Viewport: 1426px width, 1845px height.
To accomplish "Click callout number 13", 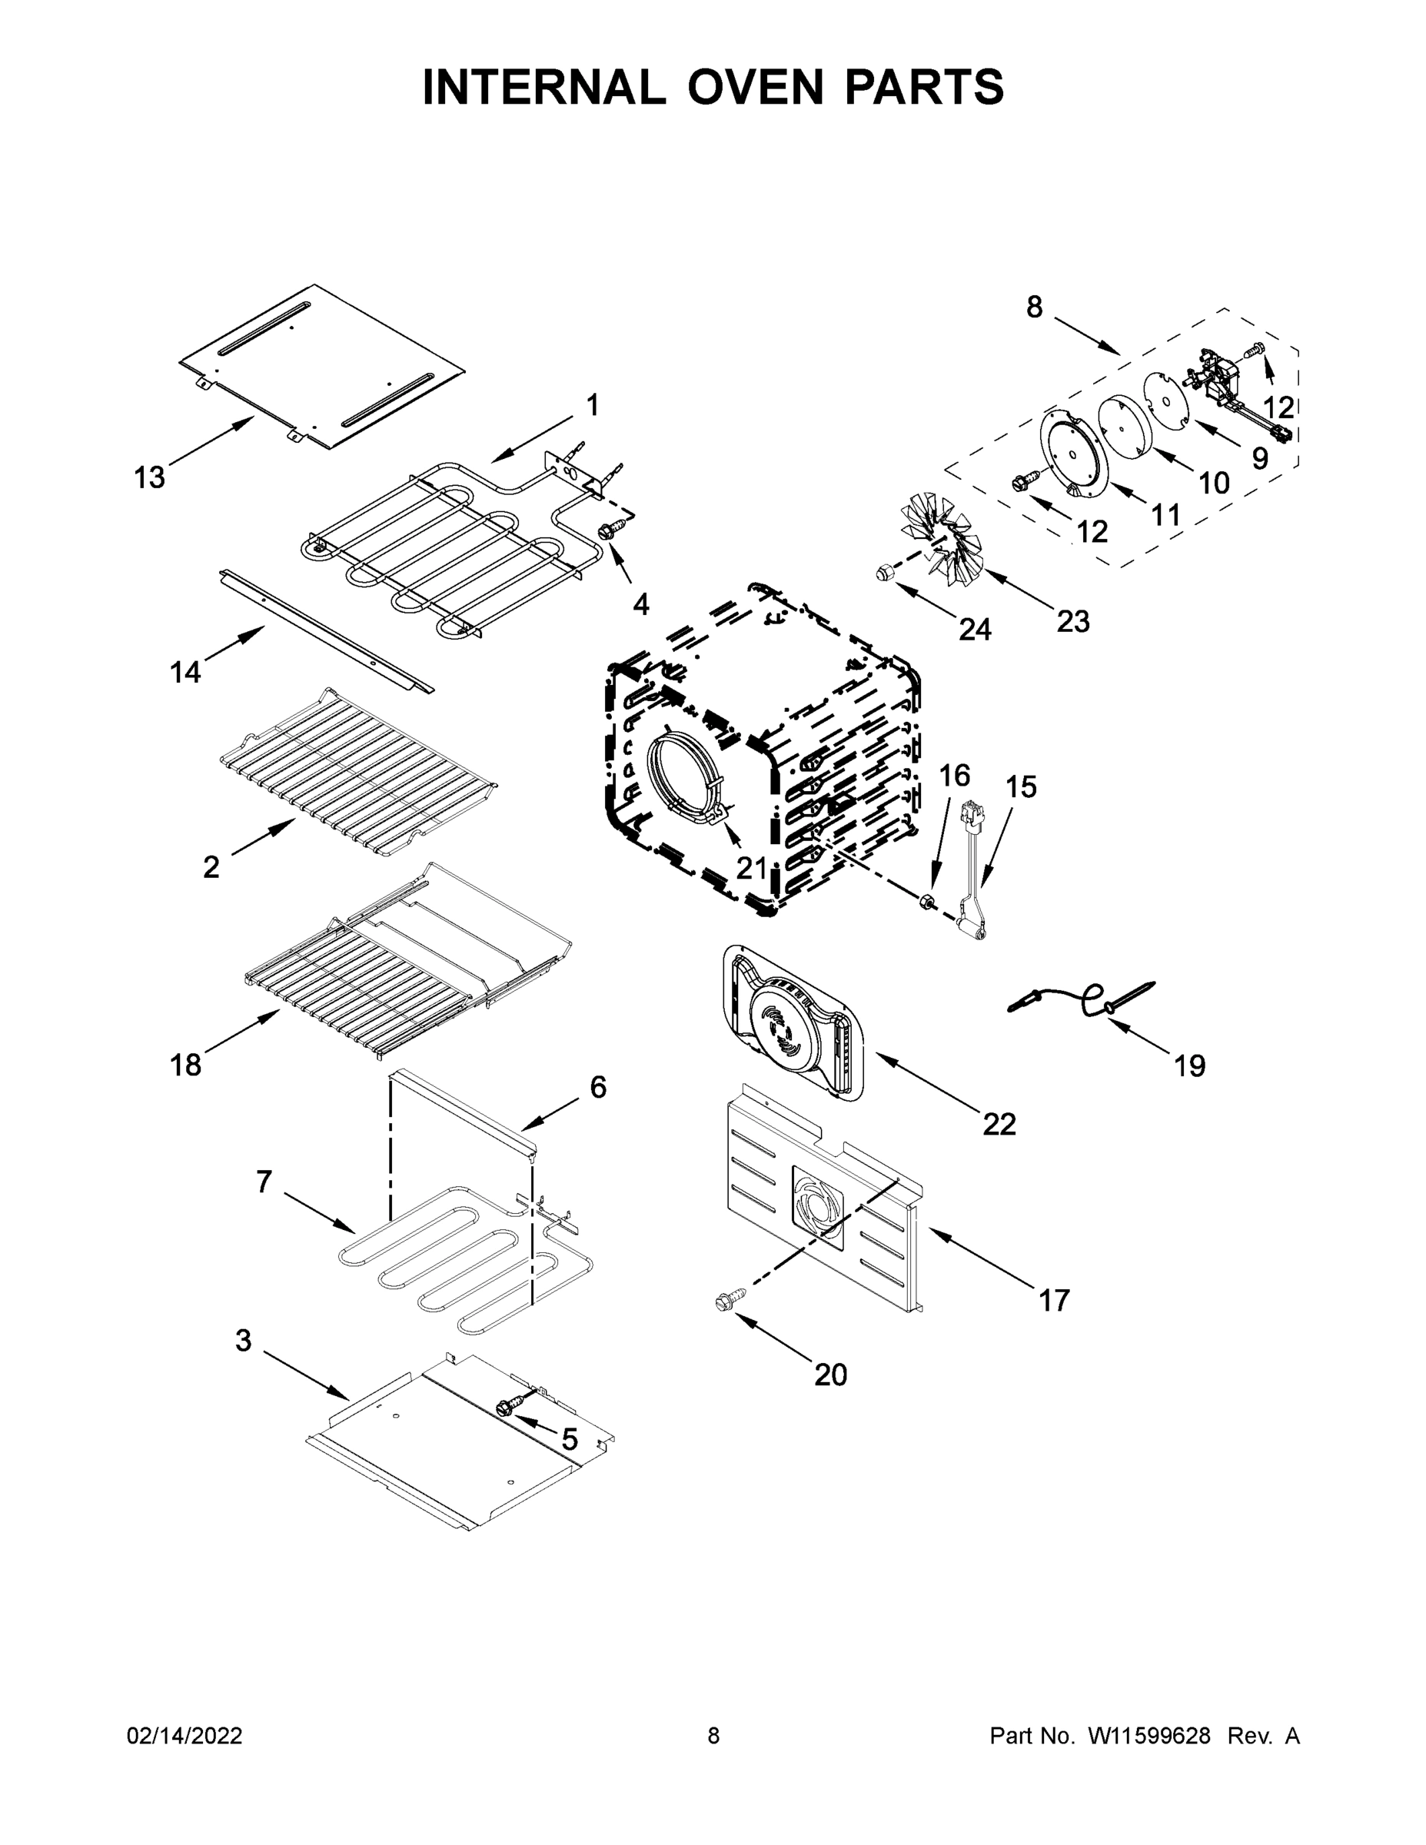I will tap(150, 477).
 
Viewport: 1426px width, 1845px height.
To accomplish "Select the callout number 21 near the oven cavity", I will tap(750, 868).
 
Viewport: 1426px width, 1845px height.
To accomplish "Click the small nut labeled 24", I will tap(883, 572).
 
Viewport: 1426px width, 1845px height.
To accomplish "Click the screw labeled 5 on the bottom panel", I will tap(510, 1407).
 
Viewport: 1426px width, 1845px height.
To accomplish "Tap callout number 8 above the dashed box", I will tap(1034, 307).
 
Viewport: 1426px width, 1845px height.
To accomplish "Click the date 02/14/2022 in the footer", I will tap(184, 1735).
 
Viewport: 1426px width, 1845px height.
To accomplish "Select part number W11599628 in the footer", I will tap(1149, 1735).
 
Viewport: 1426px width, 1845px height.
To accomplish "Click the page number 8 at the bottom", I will tap(713, 1735).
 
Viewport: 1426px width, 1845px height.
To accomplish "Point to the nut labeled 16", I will tap(925, 903).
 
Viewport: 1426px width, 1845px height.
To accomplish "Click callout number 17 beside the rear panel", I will tap(1053, 1299).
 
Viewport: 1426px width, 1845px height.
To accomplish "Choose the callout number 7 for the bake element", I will tap(264, 1182).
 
